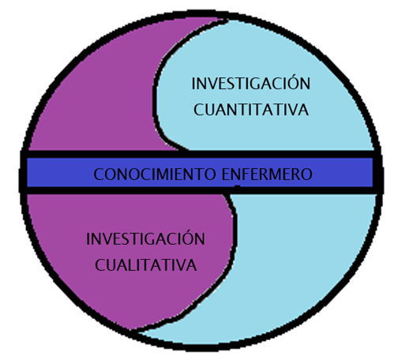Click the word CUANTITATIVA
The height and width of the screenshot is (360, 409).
click(251, 110)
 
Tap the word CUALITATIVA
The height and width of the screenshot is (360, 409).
click(146, 265)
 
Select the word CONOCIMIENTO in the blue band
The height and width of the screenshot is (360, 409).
click(155, 174)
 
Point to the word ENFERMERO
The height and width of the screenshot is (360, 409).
click(267, 174)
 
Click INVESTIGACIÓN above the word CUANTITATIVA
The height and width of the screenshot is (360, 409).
click(251, 82)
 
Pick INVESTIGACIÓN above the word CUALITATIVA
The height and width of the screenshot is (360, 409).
click(145, 238)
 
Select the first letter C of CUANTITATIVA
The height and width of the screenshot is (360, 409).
click(199, 110)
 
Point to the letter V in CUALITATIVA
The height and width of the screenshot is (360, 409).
click(181, 265)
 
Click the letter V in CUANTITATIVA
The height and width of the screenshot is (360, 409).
click(293, 110)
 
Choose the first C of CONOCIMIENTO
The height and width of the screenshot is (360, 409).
click(99, 174)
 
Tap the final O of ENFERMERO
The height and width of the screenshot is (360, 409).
click(306, 174)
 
